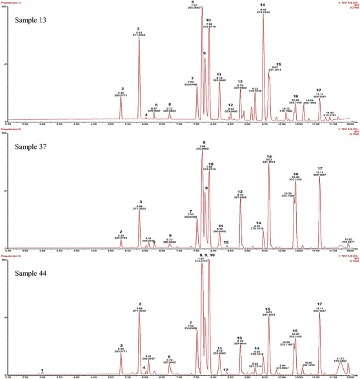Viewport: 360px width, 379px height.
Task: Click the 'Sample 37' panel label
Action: click(34, 148)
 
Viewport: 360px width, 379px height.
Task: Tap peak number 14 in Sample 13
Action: click(263, 5)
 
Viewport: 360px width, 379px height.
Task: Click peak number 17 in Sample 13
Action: click(319, 90)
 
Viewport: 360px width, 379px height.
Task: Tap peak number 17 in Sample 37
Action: click(319, 168)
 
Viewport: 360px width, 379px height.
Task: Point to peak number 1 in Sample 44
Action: click(42, 371)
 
